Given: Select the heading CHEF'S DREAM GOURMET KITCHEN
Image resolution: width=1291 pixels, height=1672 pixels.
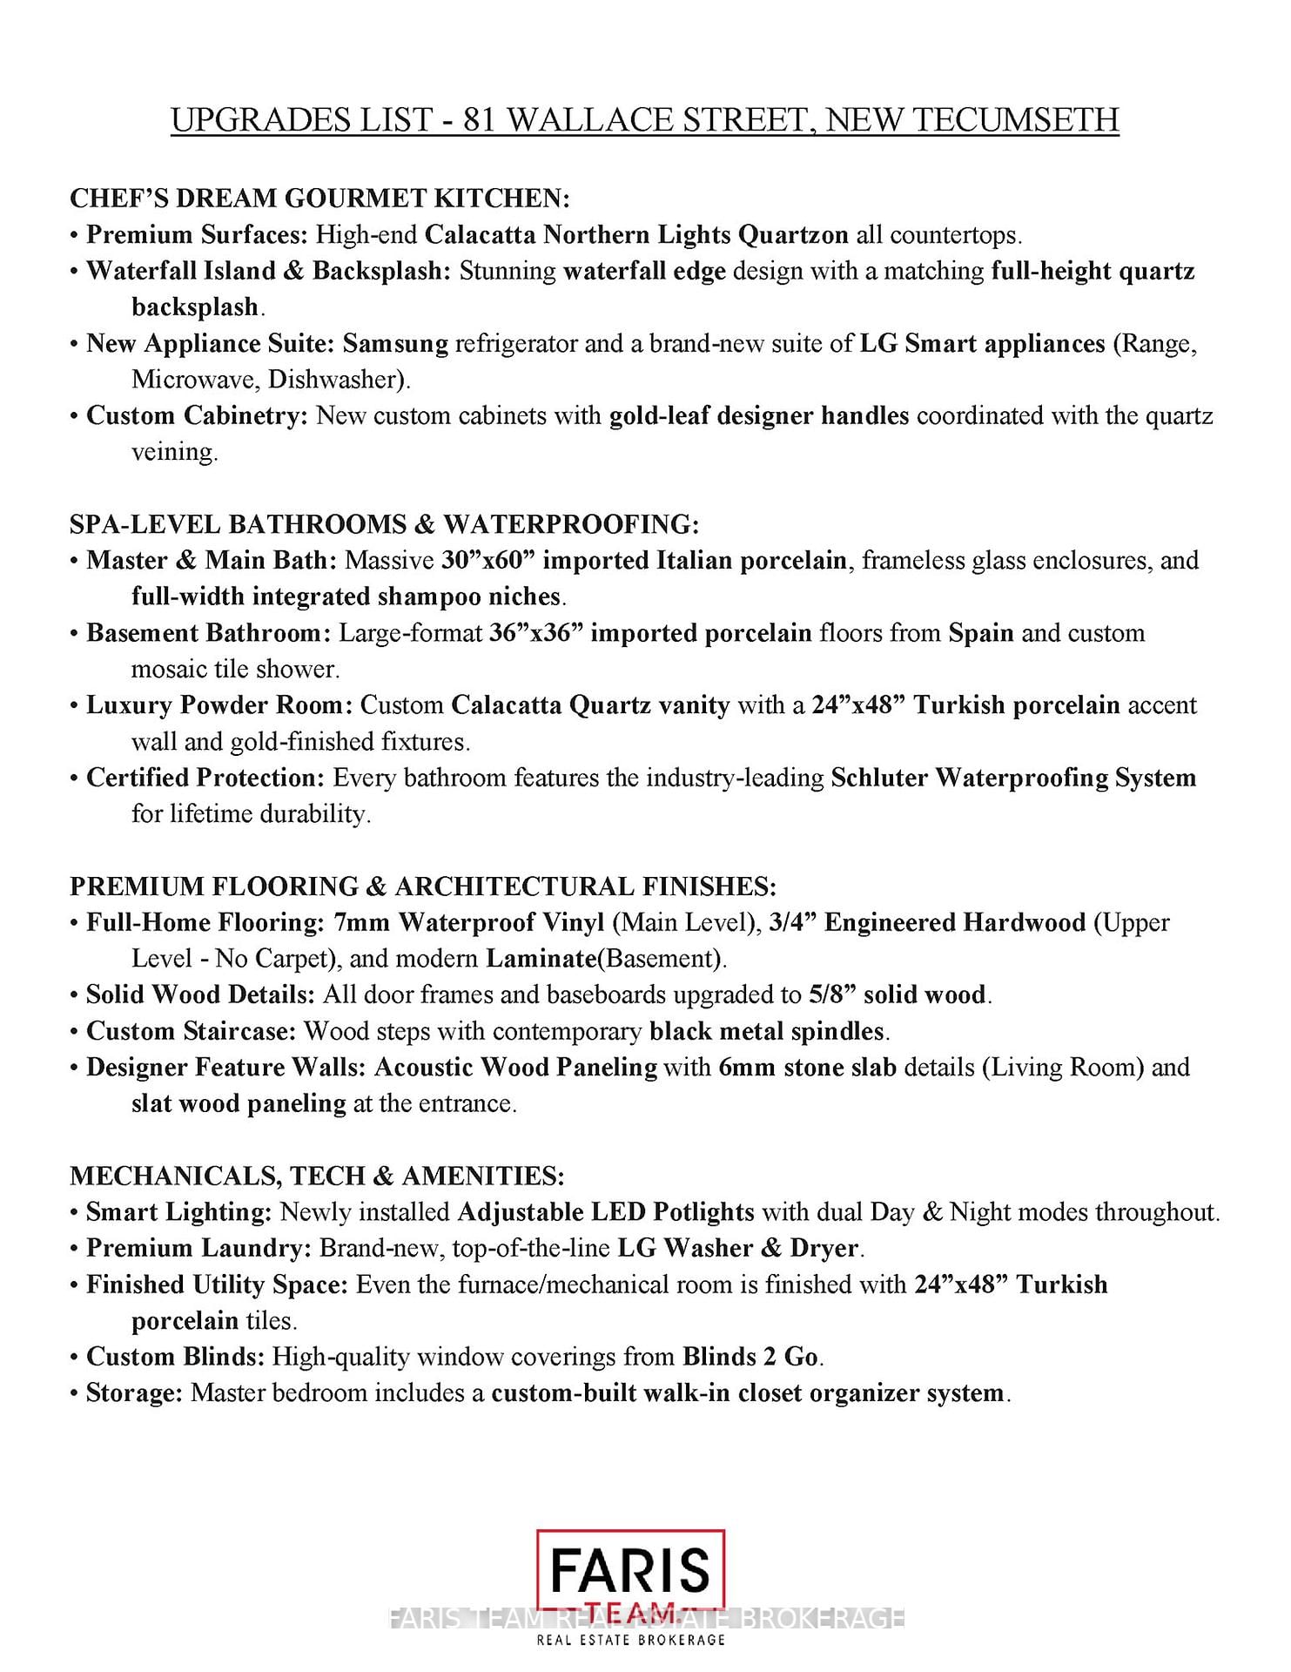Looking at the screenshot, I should (x=319, y=199).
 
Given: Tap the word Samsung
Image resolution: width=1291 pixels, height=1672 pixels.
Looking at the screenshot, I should (x=395, y=343).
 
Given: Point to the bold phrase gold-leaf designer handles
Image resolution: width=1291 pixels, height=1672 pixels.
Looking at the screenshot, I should (x=759, y=415).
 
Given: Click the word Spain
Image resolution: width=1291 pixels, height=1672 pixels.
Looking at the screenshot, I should (x=981, y=632).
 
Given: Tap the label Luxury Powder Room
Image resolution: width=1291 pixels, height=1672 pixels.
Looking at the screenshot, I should (x=219, y=705).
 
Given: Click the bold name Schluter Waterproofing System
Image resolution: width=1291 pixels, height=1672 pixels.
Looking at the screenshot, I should (x=1013, y=778).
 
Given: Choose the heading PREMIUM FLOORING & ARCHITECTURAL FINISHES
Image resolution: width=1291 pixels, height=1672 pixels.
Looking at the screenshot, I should (x=423, y=887).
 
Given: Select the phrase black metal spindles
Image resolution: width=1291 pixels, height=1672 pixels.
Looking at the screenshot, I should (x=767, y=1031).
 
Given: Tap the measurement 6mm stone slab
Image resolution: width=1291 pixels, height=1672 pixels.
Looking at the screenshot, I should (x=808, y=1068).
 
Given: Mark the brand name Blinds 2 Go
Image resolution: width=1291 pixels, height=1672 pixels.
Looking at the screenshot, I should (x=750, y=1357).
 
